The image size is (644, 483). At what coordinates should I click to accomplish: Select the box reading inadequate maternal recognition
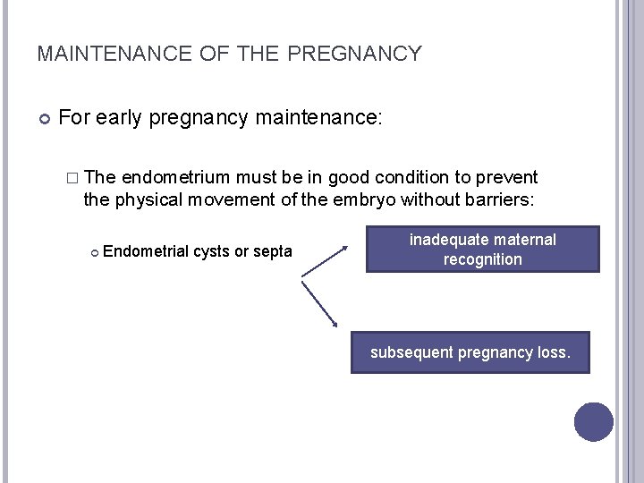click(x=482, y=250)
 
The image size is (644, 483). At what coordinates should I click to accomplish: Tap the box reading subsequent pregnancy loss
click(x=470, y=352)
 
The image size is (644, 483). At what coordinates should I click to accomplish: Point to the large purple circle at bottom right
click(x=593, y=422)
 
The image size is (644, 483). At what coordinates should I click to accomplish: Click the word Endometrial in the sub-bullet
click(x=146, y=252)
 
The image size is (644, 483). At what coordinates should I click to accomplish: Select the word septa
click(x=273, y=252)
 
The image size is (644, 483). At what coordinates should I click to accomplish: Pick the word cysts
click(x=211, y=252)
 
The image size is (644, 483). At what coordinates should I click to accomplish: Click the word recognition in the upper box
click(x=482, y=259)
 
